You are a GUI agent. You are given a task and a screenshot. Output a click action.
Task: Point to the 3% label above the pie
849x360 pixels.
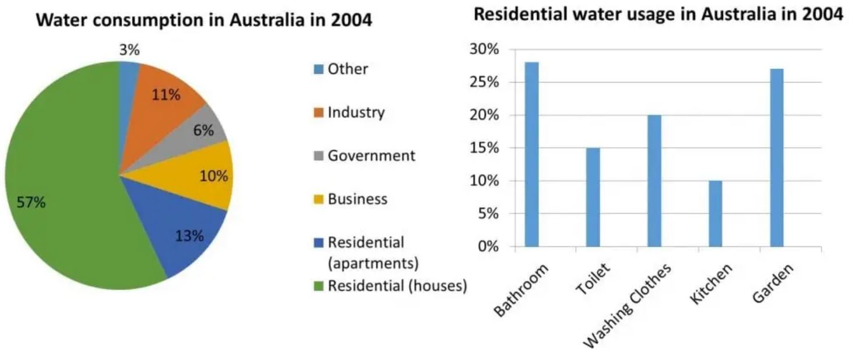point(129,50)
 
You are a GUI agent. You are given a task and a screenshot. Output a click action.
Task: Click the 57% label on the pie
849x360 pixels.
point(31,203)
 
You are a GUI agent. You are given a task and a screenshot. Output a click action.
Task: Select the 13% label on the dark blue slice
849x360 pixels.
point(189,236)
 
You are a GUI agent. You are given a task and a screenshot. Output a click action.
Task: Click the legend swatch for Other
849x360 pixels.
point(318,69)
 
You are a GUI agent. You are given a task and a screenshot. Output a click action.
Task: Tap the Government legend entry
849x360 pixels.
point(371,156)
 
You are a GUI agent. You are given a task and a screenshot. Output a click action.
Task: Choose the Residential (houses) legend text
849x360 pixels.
point(397,285)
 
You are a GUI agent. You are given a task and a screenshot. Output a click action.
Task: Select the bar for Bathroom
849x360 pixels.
point(531,154)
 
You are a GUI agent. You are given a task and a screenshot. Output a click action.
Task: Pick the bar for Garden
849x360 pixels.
point(776,157)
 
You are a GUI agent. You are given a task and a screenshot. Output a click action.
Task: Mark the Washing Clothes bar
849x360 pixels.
point(654,181)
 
